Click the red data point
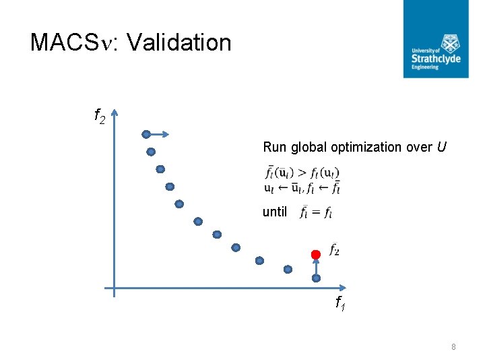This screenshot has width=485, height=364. [x=315, y=254]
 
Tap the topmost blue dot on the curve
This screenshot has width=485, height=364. [x=146, y=134]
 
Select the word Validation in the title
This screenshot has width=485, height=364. [x=179, y=42]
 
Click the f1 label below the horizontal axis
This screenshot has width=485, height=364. [x=341, y=304]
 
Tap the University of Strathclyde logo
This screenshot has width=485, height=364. [x=436, y=39]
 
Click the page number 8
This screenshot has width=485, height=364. [x=453, y=347]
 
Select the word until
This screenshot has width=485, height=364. [x=275, y=212]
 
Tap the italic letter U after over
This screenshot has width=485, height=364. [x=441, y=147]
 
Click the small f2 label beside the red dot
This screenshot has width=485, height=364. [x=334, y=249]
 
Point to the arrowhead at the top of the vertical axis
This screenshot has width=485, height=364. [x=115, y=113]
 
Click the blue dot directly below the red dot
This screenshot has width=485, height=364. [x=315, y=277]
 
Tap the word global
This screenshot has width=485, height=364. [x=309, y=147]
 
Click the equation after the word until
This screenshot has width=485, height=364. [x=316, y=213]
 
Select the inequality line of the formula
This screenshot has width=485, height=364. [x=302, y=171]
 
